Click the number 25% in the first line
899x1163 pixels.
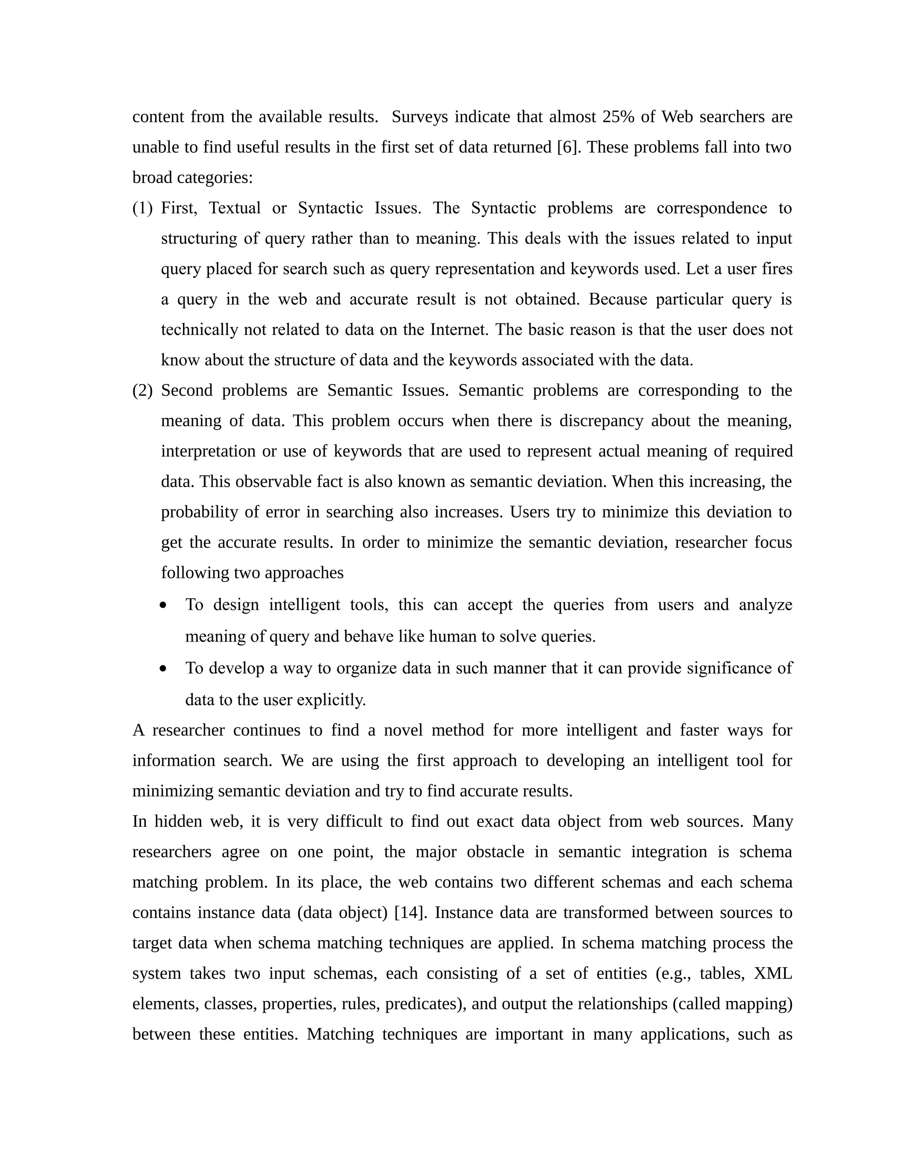[619, 117]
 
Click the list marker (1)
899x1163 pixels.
[142, 208]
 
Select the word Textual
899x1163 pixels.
[234, 208]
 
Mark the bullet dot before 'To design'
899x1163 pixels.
[163, 606]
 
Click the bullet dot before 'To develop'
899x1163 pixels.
[163, 669]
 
